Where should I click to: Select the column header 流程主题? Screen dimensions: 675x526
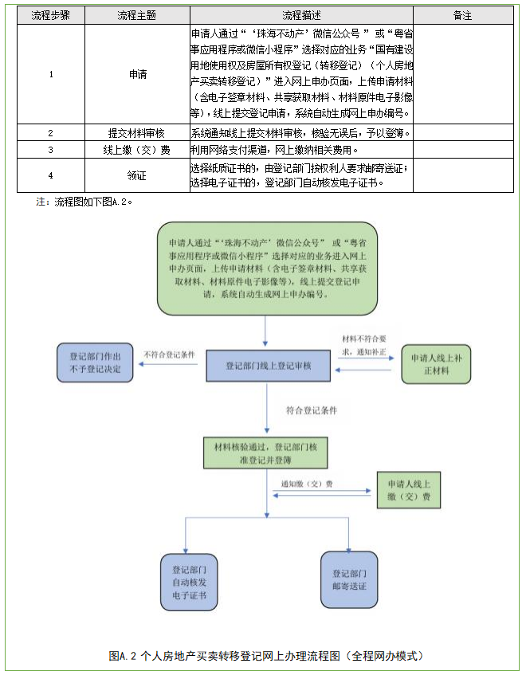click(x=137, y=15)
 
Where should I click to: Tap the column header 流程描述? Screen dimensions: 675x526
click(x=300, y=15)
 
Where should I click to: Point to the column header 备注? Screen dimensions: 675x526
click(x=462, y=15)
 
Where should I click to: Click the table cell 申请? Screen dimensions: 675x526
click(x=137, y=74)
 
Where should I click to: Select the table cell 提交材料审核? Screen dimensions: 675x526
click(x=137, y=133)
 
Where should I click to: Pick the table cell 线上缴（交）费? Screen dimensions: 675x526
click(x=137, y=150)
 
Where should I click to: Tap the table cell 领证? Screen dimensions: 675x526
click(x=137, y=175)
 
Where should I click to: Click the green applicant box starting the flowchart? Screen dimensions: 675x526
click(x=266, y=267)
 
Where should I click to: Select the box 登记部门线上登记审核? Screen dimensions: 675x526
click(x=268, y=366)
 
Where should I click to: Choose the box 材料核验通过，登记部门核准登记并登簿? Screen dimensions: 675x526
click(x=265, y=452)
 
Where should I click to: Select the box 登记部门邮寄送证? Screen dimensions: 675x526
click(x=349, y=579)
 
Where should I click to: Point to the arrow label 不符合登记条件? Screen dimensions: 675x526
click(x=169, y=355)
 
